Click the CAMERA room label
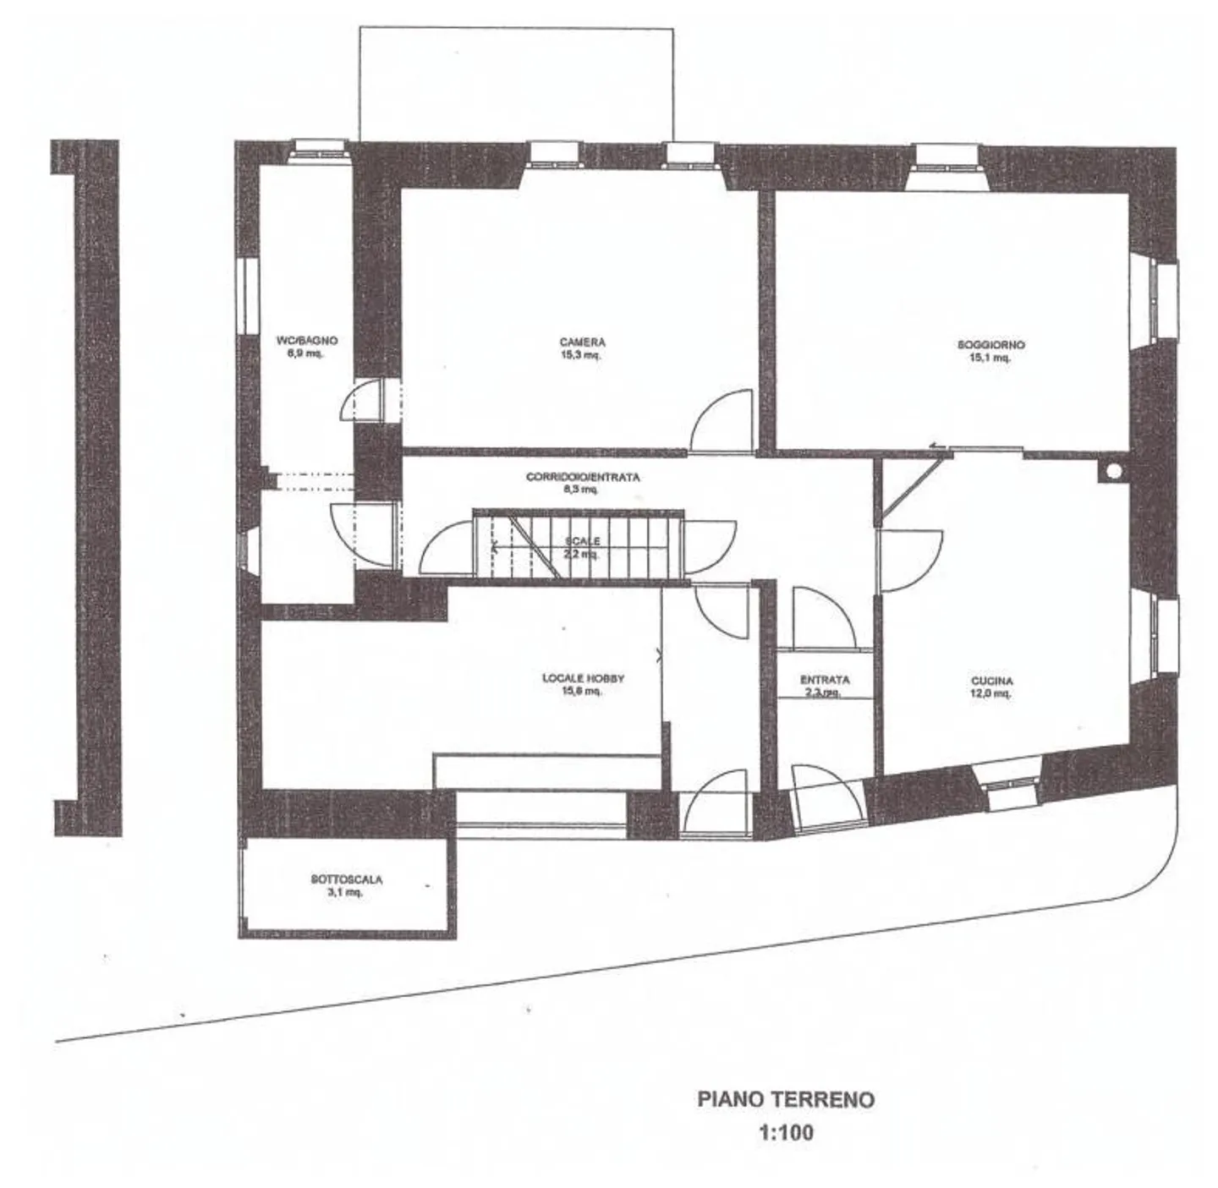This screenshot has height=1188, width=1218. click(582, 342)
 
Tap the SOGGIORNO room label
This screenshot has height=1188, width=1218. click(990, 345)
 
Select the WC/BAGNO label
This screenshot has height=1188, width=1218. click(306, 341)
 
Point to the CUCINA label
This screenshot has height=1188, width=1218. click(991, 681)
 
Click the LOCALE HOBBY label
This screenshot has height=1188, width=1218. click(583, 678)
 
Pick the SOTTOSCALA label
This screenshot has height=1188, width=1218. click(346, 879)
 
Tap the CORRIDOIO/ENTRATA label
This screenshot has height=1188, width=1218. click(583, 477)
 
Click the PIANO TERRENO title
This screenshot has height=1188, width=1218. click(786, 1099)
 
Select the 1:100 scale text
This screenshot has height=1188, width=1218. click(787, 1131)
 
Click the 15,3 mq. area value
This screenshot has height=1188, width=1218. click(582, 355)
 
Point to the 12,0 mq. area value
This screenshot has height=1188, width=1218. click(991, 693)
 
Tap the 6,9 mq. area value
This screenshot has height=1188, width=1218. click(305, 353)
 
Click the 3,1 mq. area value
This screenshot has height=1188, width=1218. click(345, 892)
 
